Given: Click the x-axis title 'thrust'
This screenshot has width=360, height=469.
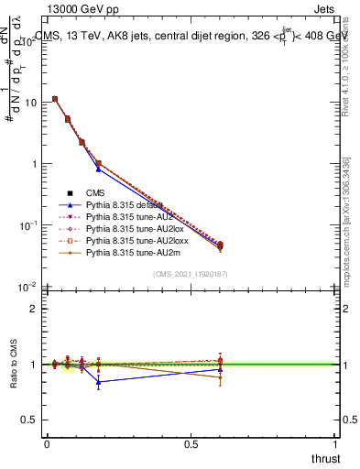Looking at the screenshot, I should point(325,457).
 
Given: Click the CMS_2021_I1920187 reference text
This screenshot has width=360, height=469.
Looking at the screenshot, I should point(191,274).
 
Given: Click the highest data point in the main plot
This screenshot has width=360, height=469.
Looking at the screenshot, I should point(55,99).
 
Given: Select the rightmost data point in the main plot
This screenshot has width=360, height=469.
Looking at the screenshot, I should point(220,245).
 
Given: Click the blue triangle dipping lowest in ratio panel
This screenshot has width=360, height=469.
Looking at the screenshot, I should point(98,382).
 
